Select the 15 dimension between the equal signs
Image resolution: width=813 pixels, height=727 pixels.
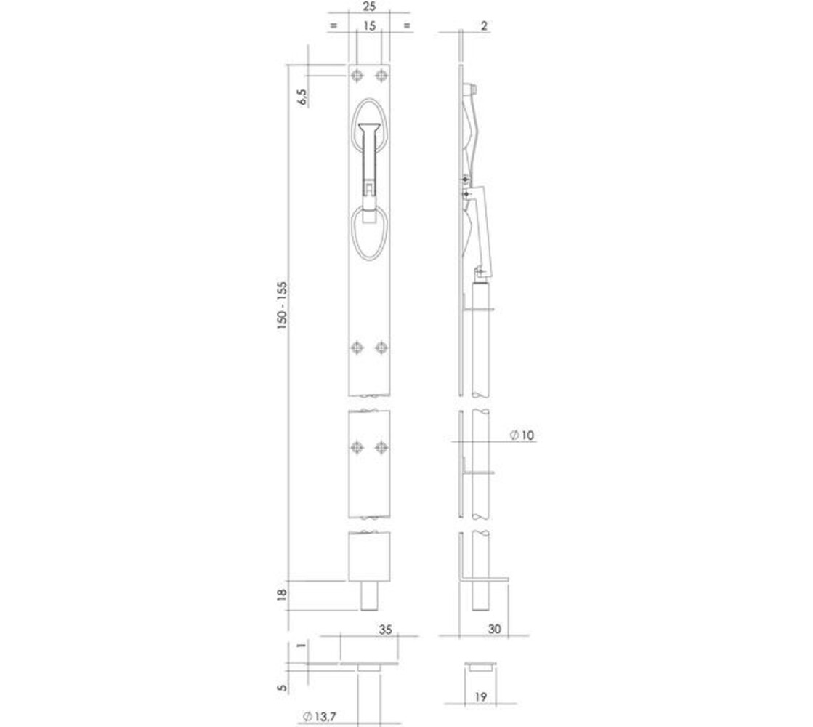[368, 25]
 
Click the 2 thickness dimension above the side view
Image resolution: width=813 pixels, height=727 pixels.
[484, 25]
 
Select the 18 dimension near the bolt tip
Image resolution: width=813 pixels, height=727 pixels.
[283, 597]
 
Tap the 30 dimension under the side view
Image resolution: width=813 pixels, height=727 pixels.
[496, 629]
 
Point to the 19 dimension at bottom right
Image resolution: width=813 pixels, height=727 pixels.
[480, 697]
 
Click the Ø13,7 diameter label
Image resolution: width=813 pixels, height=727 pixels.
[320, 718]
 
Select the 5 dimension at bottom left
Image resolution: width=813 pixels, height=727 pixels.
[282, 686]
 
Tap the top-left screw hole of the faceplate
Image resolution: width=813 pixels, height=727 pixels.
[357, 76]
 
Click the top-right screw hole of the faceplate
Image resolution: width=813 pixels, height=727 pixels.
[379, 76]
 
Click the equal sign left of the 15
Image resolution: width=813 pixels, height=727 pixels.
[333, 25]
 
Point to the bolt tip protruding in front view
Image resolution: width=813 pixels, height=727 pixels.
[369, 597]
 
